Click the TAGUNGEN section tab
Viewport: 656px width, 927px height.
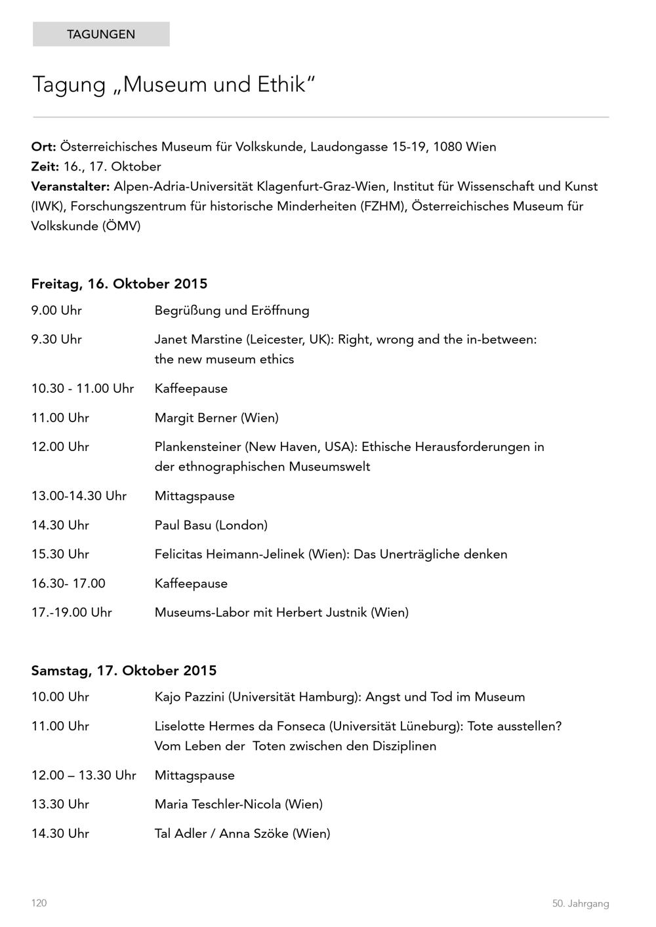pos(101,34)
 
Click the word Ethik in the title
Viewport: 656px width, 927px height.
pos(280,85)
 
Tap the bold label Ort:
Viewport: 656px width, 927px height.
pos(43,147)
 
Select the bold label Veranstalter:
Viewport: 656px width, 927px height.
pos(71,186)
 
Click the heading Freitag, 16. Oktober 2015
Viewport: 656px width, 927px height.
pos(119,284)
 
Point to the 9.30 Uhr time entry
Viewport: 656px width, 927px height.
pos(56,340)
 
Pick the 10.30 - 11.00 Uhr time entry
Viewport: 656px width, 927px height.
pos(83,389)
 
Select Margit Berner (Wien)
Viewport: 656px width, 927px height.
pos(216,418)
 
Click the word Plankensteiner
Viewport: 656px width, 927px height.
pos(197,447)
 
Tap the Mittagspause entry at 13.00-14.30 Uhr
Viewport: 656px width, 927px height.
pos(194,496)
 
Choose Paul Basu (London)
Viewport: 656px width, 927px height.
pos(211,525)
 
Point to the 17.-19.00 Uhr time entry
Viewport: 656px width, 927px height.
pos(72,612)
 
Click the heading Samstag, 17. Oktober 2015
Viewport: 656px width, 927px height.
pos(124,671)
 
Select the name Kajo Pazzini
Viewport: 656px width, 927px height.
pos(189,697)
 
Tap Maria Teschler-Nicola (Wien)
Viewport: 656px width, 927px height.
pos(239,804)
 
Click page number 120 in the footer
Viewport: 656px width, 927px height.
pos(39,903)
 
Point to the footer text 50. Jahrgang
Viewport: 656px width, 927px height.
pos(581,903)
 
